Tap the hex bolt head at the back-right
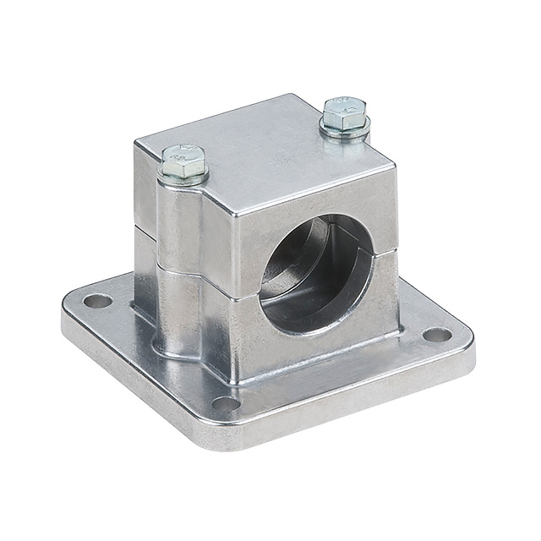pos(344,112)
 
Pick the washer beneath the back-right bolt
pos(345,131)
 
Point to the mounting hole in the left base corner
pos(96,300)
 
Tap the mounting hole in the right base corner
pos(436,334)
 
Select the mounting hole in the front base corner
pos(226,404)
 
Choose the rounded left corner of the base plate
pos(72,309)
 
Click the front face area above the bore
pos(313,199)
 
